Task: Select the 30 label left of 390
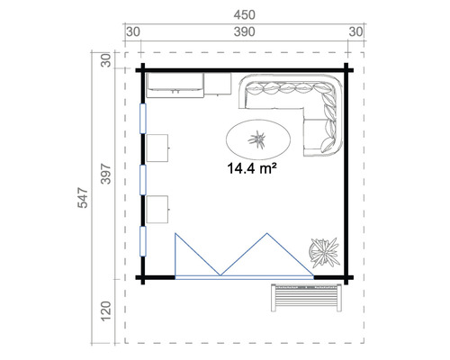click(133, 33)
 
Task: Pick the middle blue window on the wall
click(142, 180)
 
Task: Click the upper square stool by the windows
click(158, 147)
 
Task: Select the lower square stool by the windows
click(158, 208)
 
